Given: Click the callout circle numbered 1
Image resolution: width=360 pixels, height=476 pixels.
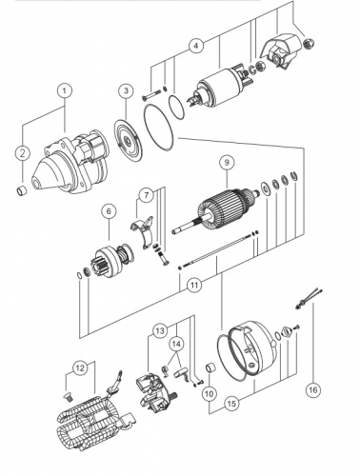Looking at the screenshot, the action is [65, 90].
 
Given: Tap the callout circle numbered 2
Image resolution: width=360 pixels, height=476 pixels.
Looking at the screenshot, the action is [23, 153].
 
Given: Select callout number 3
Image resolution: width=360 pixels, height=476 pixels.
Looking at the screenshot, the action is [126, 90].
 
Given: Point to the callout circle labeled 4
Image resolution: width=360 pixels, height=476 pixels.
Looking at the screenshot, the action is [196, 46].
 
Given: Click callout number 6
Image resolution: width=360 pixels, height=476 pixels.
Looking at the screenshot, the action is [109, 211].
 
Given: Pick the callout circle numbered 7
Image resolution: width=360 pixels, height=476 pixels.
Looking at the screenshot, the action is [147, 195].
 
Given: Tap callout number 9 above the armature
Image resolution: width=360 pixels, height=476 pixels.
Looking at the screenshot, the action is [227, 163].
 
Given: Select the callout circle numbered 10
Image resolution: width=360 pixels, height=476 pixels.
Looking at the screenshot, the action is [210, 394].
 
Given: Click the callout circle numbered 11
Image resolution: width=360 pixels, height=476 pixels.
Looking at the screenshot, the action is [194, 285].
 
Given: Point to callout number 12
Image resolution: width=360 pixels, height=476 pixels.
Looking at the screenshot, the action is [80, 368].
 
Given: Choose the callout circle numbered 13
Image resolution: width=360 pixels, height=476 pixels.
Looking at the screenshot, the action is [160, 331].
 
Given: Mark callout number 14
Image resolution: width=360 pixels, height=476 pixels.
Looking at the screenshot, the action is [177, 344].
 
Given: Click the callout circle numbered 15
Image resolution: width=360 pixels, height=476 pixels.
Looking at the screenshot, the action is [232, 404].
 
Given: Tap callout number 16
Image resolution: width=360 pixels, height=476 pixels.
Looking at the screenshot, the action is [313, 389].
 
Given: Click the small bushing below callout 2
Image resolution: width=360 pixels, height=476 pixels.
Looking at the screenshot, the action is [22, 190].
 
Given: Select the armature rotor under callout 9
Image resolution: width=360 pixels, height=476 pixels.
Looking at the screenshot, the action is [216, 211].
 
